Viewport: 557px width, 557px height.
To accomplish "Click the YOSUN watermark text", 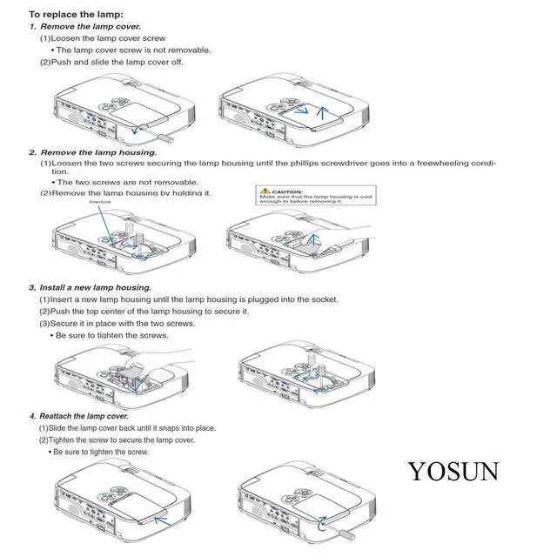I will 454,471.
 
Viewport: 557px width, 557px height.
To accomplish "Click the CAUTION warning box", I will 305,195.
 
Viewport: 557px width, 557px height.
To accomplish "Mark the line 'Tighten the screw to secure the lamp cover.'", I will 121,440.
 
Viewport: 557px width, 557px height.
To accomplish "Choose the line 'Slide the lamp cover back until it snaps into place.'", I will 127,428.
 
